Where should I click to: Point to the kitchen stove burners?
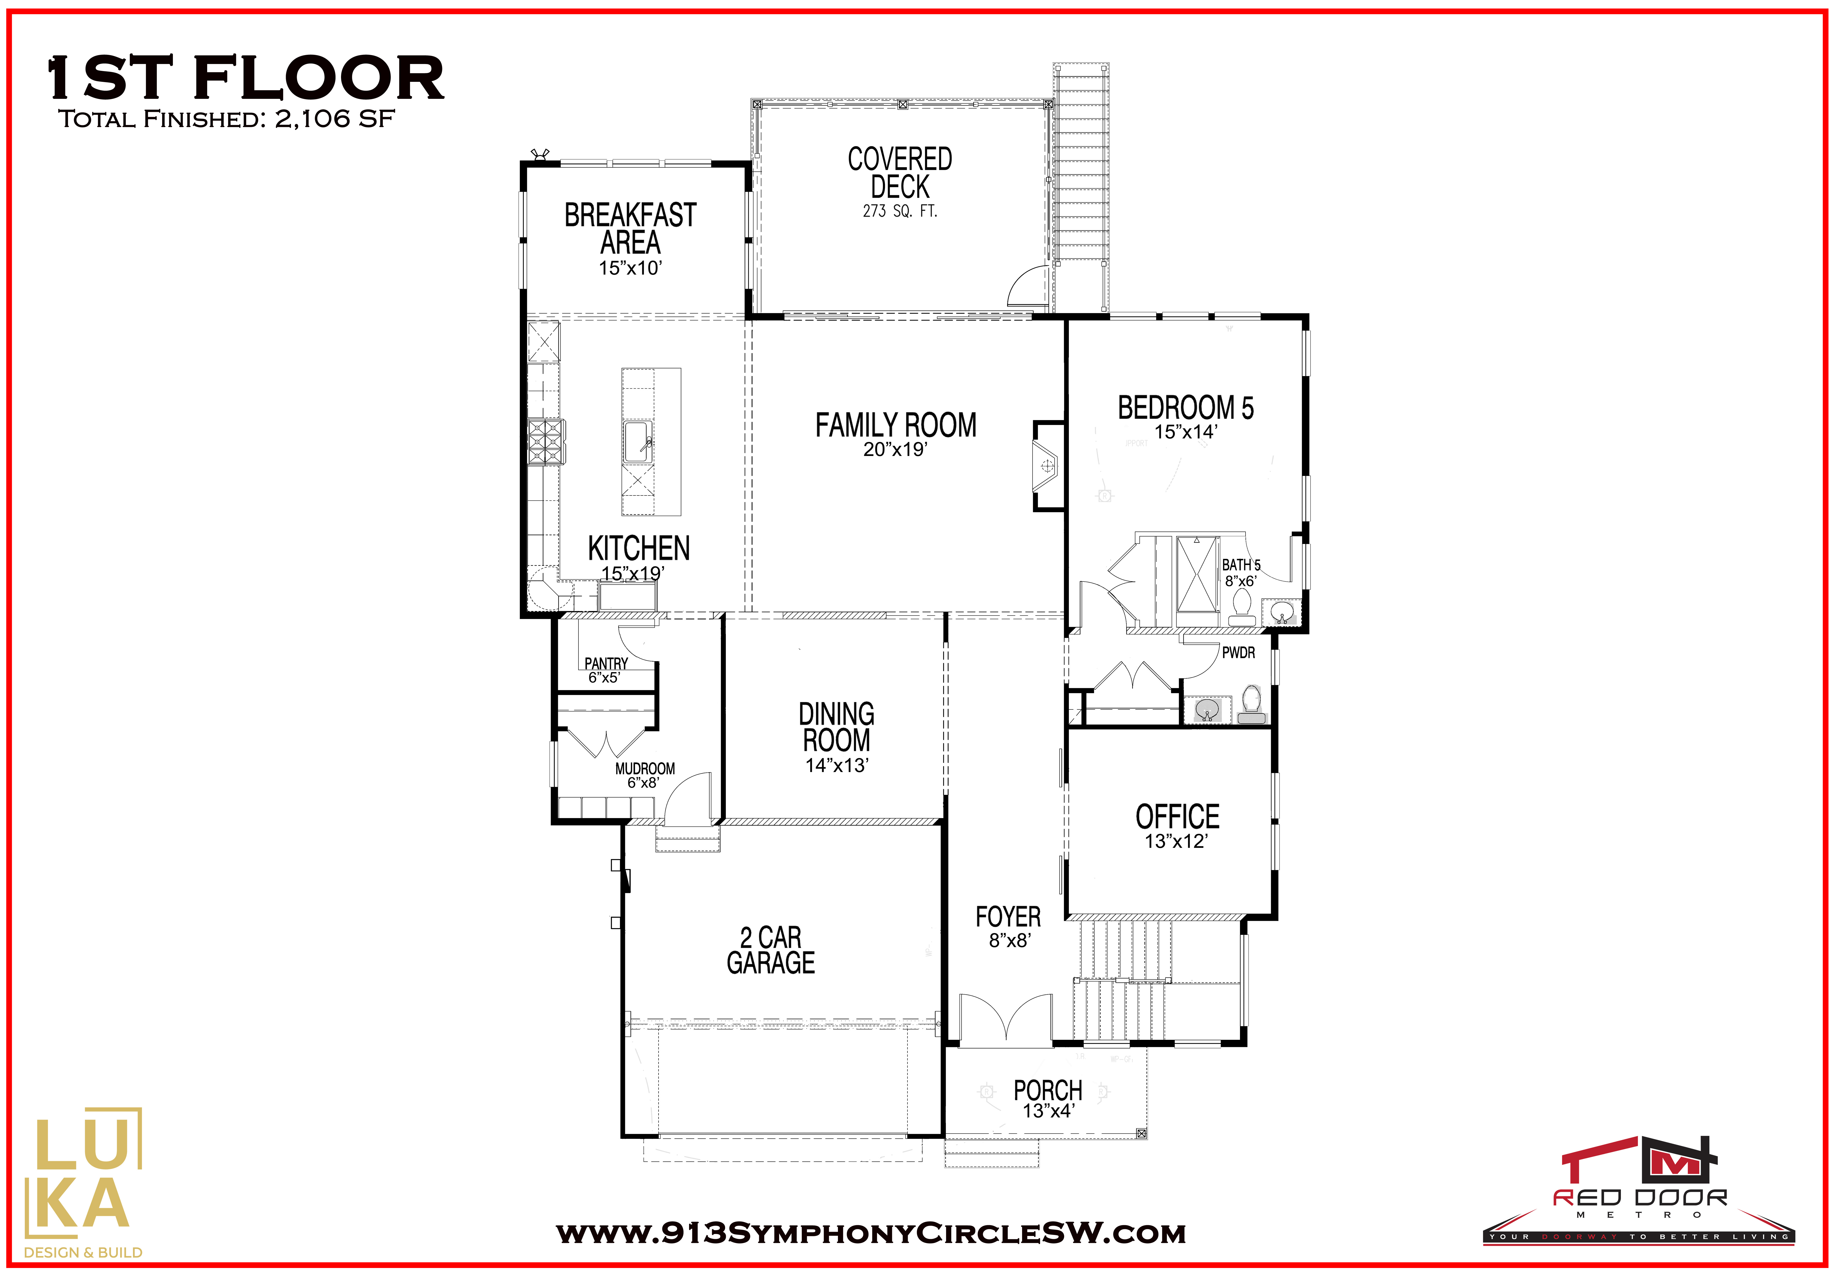point(544,442)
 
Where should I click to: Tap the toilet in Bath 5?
point(1242,608)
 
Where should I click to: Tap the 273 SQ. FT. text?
point(899,211)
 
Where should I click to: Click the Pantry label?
point(606,663)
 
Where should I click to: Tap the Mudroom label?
point(645,769)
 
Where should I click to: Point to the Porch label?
point(1048,1090)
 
